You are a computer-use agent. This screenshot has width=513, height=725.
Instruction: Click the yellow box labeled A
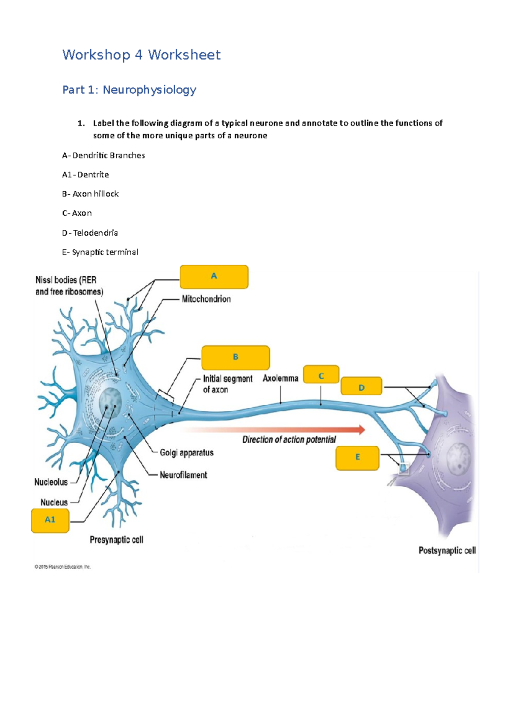click(214, 277)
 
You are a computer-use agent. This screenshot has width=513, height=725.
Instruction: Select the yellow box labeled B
click(236, 357)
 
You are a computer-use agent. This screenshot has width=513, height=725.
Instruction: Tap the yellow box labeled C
click(321, 374)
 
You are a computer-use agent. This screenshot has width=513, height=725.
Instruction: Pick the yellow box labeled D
click(361, 386)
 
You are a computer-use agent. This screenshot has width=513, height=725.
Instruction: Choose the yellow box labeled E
click(357, 458)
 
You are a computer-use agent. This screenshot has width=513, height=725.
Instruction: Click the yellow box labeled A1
click(50, 520)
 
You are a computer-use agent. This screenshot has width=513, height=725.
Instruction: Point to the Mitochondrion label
click(206, 299)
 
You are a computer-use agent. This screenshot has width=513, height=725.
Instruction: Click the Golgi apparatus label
click(186, 453)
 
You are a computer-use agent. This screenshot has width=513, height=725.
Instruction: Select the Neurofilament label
click(183, 475)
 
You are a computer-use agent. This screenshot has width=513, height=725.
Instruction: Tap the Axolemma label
click(280, 378)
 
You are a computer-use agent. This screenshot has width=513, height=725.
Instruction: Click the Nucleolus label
click(51, 482)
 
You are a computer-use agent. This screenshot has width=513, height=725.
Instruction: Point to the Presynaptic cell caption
click(116, 540)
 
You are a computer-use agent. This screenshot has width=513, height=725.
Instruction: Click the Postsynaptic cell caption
click(447, 550)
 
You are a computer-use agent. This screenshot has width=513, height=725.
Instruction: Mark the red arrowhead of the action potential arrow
click(362, 430)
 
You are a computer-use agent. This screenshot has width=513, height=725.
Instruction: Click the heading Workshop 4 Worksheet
click(142, 55)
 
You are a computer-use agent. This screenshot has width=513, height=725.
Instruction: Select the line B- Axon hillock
click(90, 194)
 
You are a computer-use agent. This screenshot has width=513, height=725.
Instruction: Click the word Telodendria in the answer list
click(95, 233)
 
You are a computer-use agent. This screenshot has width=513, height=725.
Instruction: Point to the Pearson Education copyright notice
click(62, 567)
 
